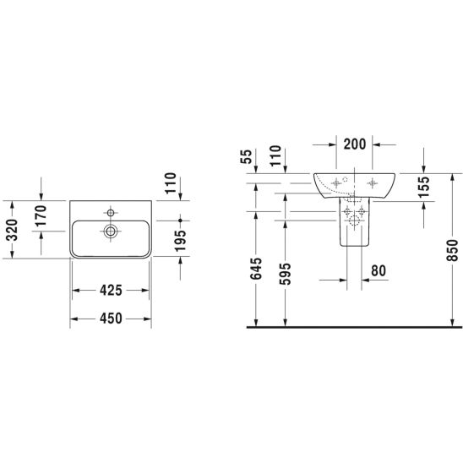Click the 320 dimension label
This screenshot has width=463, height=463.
point(12,230)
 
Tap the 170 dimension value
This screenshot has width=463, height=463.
point(41,215)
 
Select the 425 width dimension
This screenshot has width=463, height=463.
point(111,291)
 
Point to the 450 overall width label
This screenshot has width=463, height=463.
point(111,319)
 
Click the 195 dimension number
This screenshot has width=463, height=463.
point(181,240)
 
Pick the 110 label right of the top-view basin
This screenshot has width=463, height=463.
point(171,183)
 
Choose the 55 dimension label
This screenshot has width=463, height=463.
point(247,156)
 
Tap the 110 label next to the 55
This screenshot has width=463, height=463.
point(275,155)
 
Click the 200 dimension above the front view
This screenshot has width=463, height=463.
point(355,144)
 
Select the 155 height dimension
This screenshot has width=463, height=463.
point(424,187)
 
